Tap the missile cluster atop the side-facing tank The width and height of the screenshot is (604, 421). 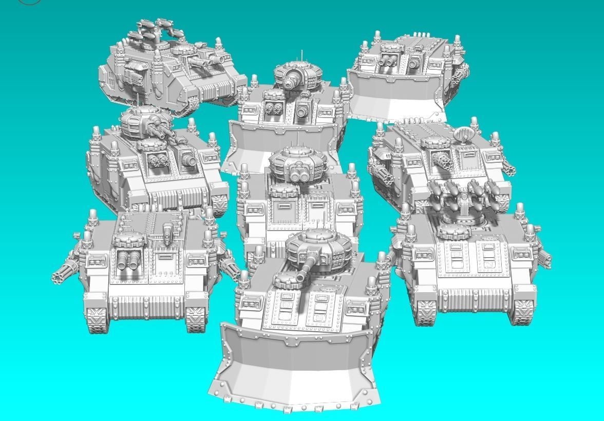pyautogui.click(x=154, y=31)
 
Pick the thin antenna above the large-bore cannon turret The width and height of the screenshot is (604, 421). pyautogui.click(x=301, y=55)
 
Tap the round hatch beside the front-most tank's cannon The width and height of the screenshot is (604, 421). pyautogui.click(x=285, y=280)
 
